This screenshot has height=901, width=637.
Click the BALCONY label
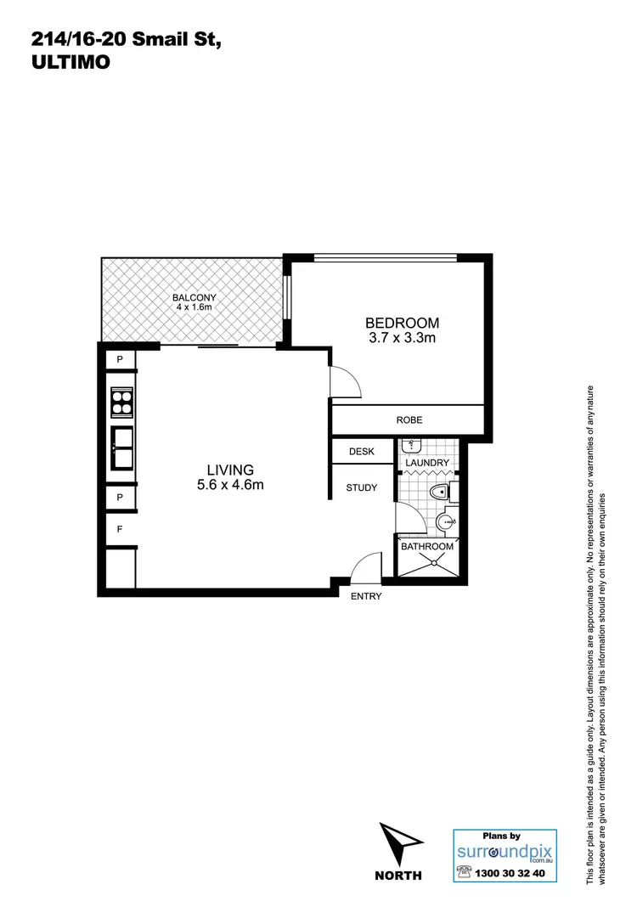(x=194, y=297)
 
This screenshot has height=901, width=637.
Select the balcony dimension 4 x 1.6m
(x=194, y=307)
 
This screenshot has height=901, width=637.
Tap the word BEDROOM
(x=402, y=323)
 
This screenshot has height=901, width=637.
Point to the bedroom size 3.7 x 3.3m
(x=402, y=339)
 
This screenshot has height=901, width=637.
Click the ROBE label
(x=409, y=420)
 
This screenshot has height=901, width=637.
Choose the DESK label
(x=361, y=452)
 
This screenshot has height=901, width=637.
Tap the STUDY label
(x=361, y=488)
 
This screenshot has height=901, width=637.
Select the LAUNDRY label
(x=427, y=463)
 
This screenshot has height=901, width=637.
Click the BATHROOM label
(x=427, y=546)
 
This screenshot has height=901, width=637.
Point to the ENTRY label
(x=366, y=596)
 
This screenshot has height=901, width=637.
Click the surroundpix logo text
(x=505, y=850)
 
